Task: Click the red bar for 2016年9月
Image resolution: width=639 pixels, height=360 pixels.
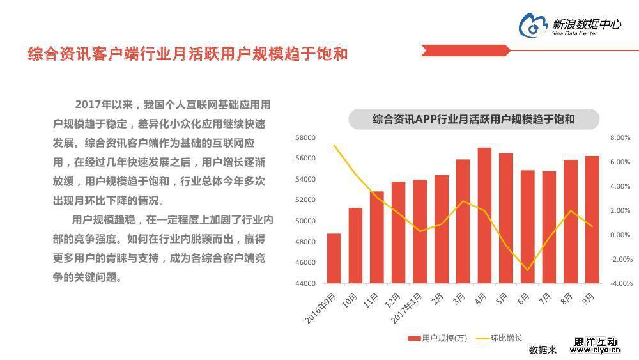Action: point(334,258)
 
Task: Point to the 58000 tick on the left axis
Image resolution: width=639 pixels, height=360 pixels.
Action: point(305,137)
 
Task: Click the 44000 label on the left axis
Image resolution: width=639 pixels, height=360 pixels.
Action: point(305,283)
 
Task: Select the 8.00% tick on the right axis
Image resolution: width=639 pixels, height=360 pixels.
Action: point(620,137)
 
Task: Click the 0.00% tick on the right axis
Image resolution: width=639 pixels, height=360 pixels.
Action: point(620,235)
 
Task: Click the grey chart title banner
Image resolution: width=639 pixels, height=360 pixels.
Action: point(473,119)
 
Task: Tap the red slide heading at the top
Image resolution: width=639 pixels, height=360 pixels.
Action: point(188,54)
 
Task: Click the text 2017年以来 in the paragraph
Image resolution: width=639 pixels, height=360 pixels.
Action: point(104,104)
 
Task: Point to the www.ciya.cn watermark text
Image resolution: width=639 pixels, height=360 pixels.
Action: point(594,350)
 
